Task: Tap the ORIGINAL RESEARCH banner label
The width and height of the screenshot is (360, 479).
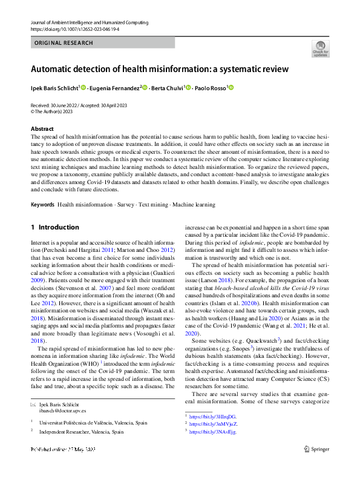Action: pyautogui.click(x=64, y=43)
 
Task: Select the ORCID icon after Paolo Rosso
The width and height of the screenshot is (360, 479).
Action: pyautogui.click(x=230, y=88)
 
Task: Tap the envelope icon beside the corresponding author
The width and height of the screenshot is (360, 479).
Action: pyautogui.click(x=33, y=404)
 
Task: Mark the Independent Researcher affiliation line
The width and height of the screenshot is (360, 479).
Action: pyautogui.click(x=83, y=432)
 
